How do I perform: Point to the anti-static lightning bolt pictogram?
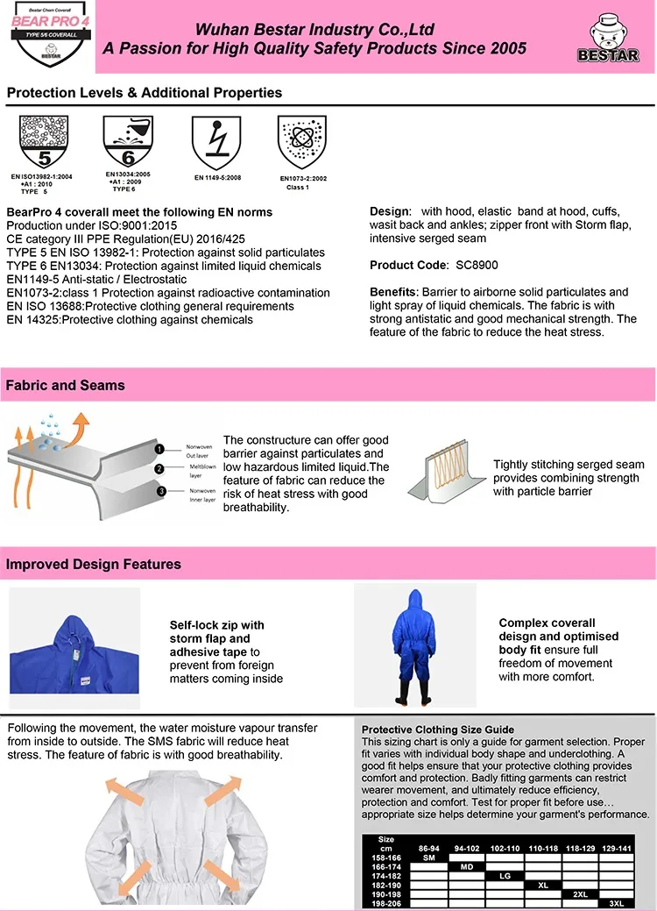pos(216,143)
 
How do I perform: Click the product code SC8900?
pos(477,265)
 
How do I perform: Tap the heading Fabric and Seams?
pos(66,385)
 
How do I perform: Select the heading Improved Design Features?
pos(94,564)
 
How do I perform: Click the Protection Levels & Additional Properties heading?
pos(145,92)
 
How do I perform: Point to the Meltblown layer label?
pos(202,470)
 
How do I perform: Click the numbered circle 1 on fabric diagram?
pos(159,449)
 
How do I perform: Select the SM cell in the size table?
pos(429,857)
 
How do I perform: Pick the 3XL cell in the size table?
pos(616,902)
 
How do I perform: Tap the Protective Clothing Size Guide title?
pos(438,730)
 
